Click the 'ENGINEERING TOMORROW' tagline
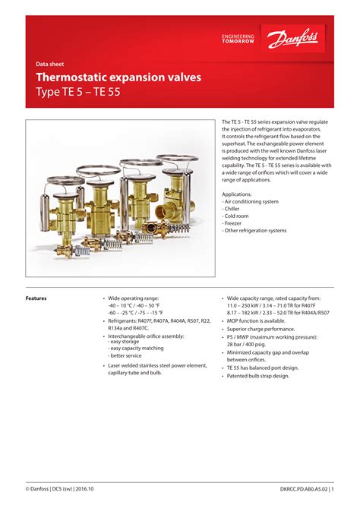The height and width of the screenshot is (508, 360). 238,38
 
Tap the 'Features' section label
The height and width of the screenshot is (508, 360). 36,298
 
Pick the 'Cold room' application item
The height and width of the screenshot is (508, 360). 238,216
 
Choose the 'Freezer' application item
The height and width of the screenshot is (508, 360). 235,223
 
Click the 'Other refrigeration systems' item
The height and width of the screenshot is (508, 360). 255,231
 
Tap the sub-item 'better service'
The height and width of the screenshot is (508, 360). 126,355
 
